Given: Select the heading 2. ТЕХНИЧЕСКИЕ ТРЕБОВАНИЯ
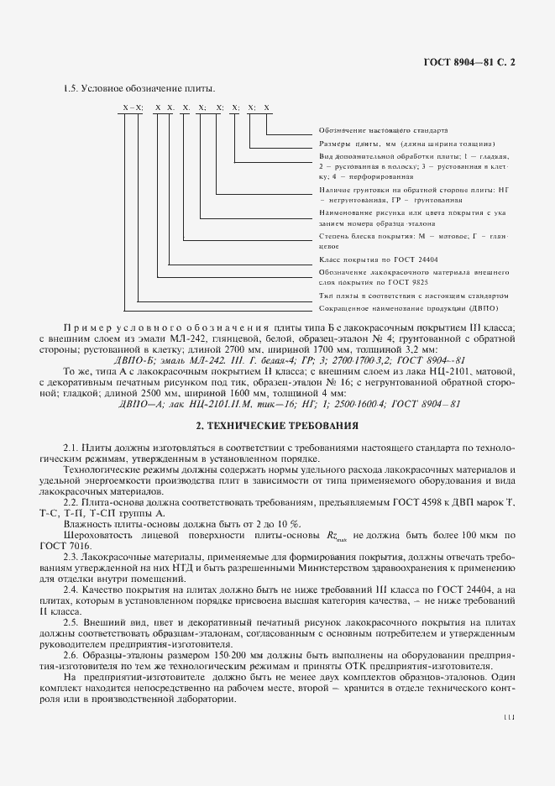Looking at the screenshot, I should coord(276,425).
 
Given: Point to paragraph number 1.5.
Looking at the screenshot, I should coord(71,89).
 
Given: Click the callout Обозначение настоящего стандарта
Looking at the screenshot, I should coord(383,131).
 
